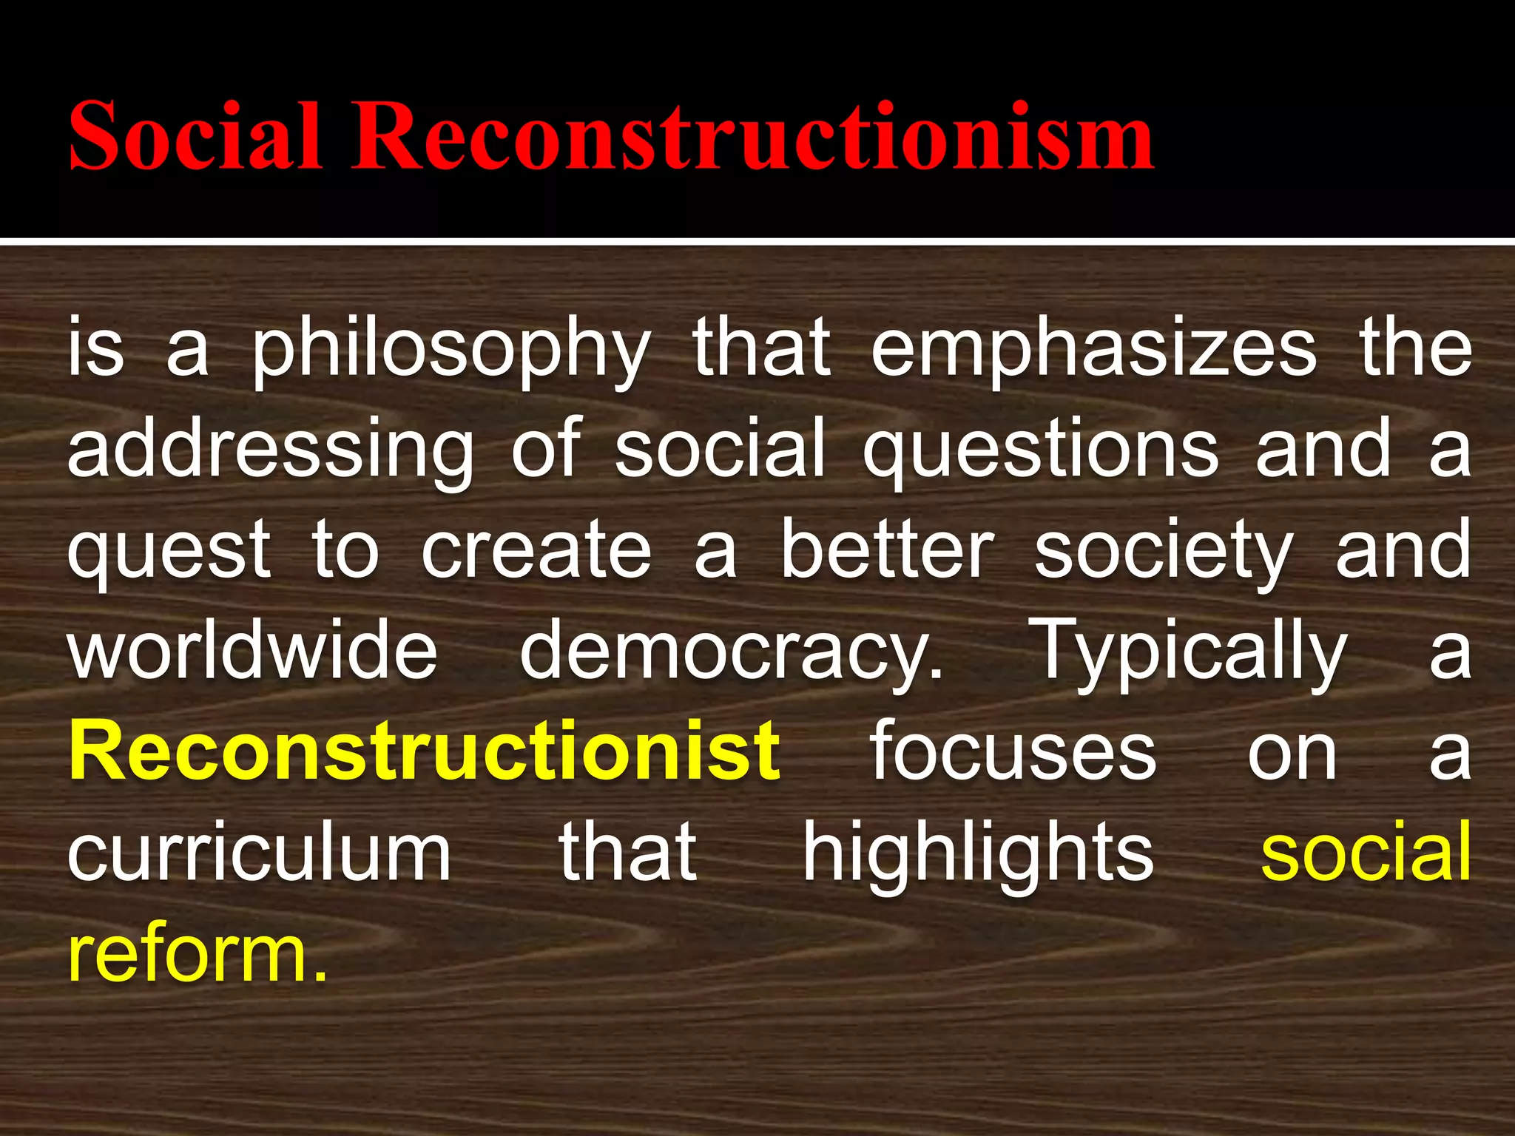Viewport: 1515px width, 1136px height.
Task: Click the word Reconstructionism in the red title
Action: point(752,137)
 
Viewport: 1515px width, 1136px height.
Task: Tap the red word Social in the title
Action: point(195,137)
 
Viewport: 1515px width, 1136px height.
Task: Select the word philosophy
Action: point(451,351)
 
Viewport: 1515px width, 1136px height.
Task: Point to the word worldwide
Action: point(253,651)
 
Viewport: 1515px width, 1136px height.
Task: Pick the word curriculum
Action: point(259,853)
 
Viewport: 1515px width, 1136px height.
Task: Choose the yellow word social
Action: point(1366,853)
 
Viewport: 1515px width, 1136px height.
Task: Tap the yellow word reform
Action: point(197,954)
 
